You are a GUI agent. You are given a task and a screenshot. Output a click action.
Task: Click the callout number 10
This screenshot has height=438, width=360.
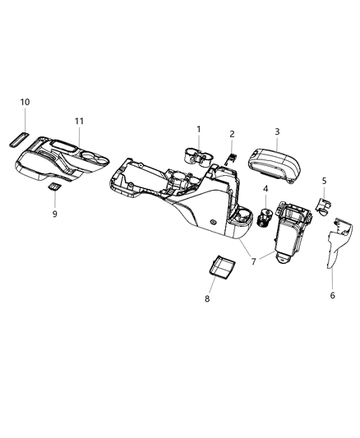tap(25, 102)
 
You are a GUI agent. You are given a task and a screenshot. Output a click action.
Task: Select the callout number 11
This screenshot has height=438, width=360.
tap(79, 122)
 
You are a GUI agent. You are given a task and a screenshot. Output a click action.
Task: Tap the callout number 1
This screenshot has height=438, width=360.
tap(198, 129)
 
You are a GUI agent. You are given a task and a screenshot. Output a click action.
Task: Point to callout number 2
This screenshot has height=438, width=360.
tap(232, 134)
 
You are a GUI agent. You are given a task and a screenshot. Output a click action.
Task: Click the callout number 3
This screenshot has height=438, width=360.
tap(277, 131)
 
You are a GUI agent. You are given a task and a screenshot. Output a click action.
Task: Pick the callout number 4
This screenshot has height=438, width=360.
tap(266, 190)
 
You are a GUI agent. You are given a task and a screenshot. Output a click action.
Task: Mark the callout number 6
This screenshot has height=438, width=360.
tap(332, 295)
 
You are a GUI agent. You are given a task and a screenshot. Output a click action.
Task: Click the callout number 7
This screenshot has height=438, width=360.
tap(253, 262)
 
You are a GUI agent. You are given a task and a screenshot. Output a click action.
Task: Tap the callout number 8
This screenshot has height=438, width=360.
tap(207, 299)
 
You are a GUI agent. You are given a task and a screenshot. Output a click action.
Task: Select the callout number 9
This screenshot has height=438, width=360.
tap(55, 214)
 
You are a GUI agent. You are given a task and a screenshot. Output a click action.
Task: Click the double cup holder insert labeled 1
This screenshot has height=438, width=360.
tap(196, 156)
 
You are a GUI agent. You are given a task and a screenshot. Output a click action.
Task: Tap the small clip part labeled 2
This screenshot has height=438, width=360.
tap(232, 156)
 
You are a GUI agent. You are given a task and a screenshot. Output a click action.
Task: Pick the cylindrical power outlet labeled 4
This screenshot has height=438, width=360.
tap(266, 219)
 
